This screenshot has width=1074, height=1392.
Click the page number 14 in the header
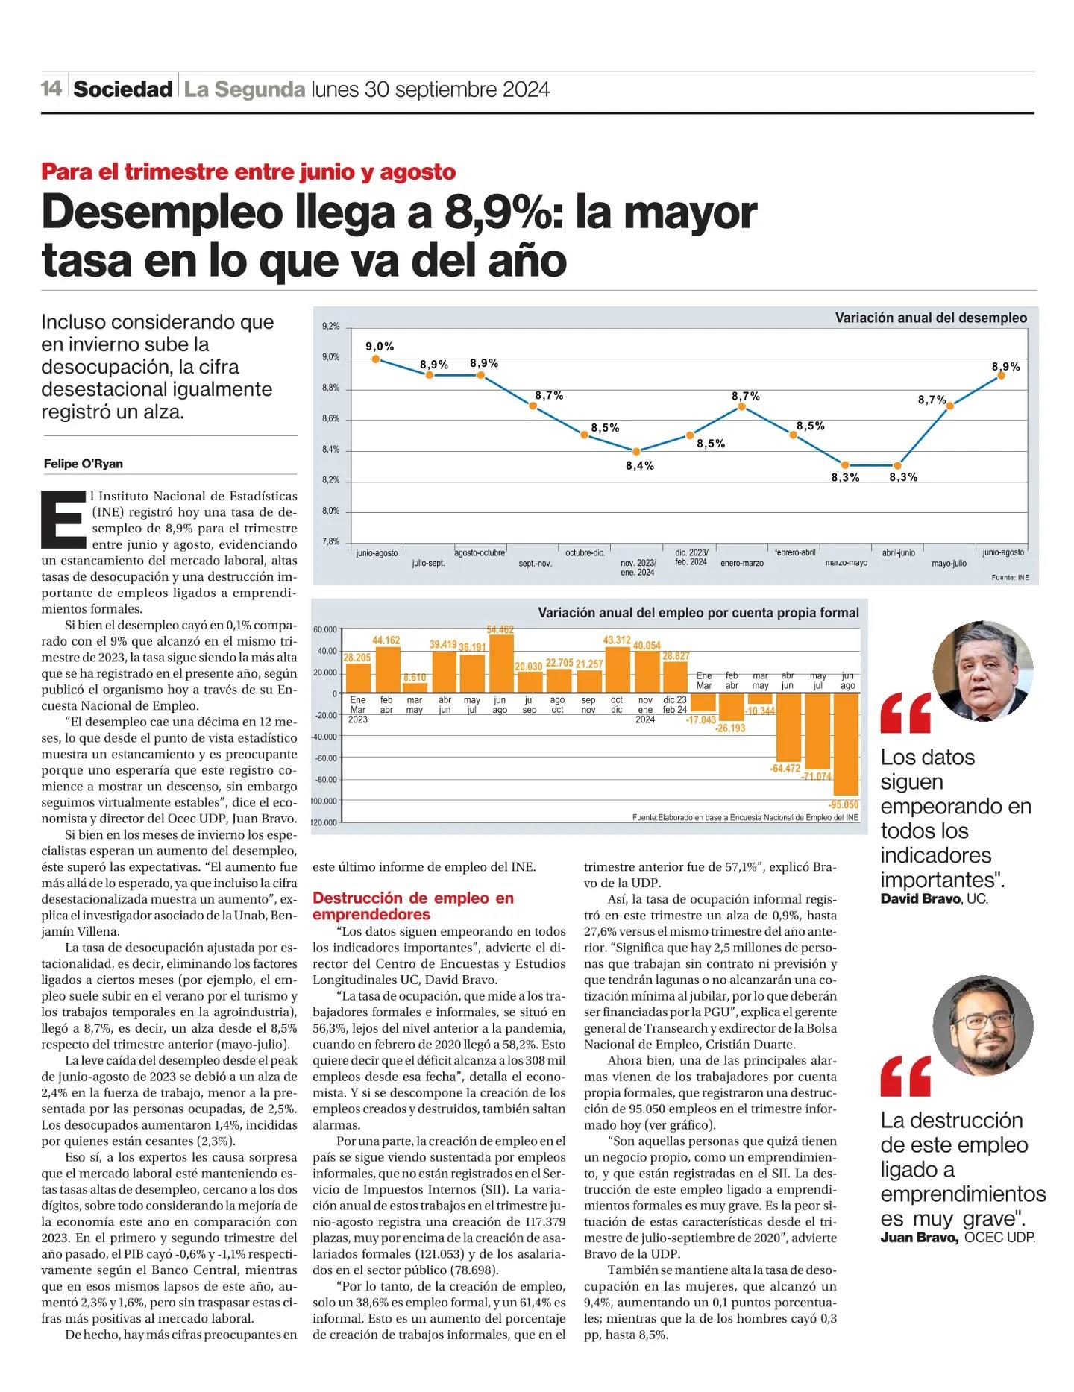coord(51,89)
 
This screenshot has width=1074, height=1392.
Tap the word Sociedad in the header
coord(123,89)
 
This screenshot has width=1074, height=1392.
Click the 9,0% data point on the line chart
coord(376,359)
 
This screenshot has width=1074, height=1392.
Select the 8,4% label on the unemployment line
coord(640,466)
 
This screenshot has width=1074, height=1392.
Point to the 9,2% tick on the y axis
coord(330,327)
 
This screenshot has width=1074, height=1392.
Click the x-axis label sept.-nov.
coord(535,564)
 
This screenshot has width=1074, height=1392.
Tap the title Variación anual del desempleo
coord(930,318)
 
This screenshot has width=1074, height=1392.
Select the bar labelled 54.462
coord(500,664)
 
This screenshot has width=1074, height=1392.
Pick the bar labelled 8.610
coord(415,687)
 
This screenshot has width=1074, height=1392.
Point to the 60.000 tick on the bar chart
coord(325,630)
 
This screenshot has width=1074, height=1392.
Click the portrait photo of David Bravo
coord(982,671)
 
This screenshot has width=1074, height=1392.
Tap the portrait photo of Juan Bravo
coord(982,1025)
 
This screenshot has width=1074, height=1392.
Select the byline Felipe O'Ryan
coord(84,464)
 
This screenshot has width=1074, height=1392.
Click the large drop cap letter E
coord(61,517)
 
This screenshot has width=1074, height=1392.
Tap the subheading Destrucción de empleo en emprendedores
coord(412,906)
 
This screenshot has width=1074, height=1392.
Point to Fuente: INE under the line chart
coord(1010,578)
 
